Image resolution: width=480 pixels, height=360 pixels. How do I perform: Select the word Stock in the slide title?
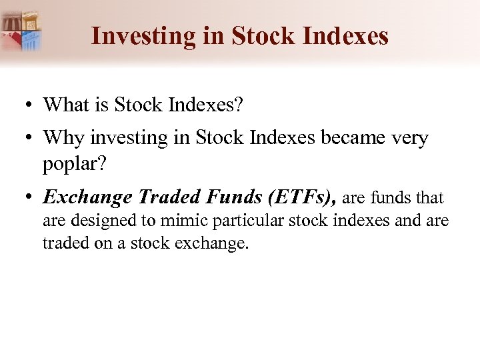pos(262,36)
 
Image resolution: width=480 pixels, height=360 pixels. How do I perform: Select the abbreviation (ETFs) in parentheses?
pos(298,197)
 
